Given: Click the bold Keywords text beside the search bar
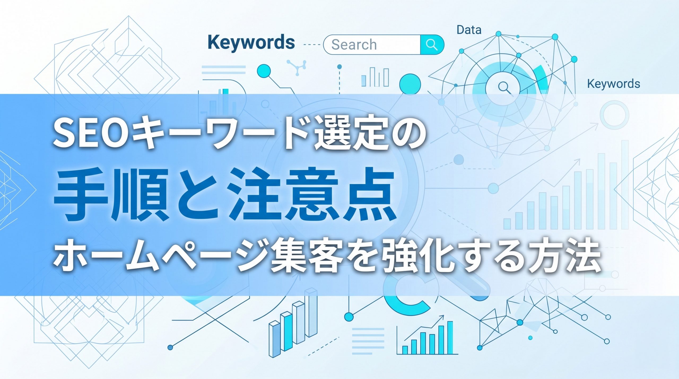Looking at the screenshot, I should (251, 43).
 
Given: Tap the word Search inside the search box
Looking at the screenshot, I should (354, 45).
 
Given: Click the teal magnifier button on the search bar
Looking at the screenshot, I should (432, 45).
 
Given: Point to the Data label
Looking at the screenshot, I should (469, 30).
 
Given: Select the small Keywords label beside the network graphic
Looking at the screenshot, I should (613, 84).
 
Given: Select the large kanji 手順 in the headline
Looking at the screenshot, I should (111, 194).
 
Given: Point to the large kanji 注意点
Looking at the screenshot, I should (310, 194).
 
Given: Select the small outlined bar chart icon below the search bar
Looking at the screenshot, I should (375, 77).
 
